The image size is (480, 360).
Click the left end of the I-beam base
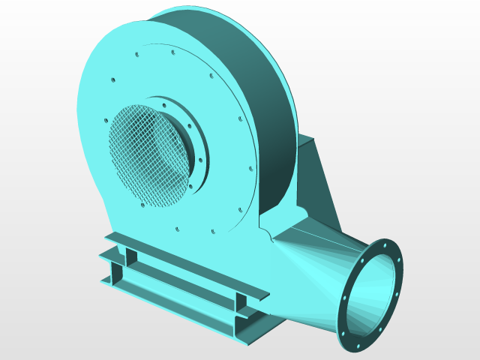[112, 277]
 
